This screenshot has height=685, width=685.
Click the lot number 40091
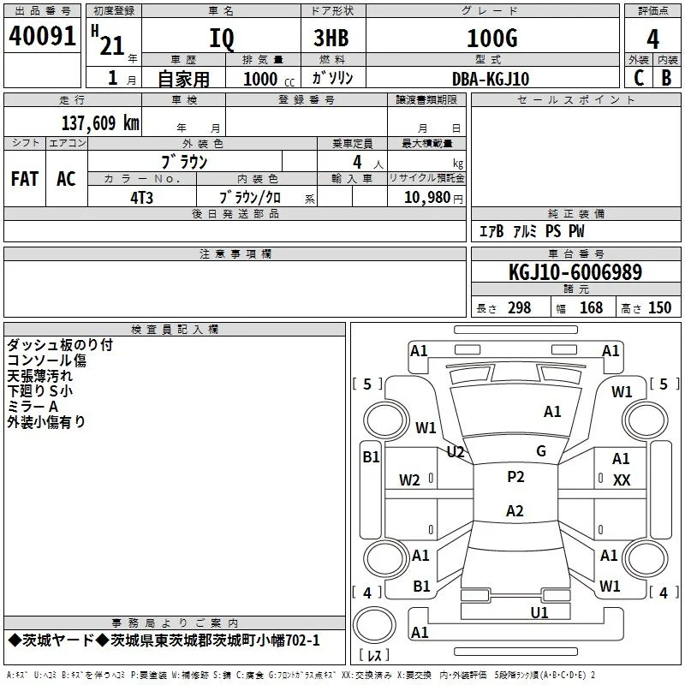[x=42, y=36]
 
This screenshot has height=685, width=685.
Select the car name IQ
[x=222, y=39]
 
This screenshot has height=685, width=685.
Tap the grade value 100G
[x=492, y=38]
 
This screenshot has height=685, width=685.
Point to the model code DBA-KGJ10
[x=491, y=79]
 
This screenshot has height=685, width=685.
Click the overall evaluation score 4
[x=652, y=39]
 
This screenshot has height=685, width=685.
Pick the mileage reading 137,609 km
[x=100, y=123]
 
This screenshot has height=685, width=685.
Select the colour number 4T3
[x=141, y=198]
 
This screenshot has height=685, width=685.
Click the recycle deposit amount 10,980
[x=426, y=198]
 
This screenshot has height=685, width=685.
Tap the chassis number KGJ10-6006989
[x=575, y=272]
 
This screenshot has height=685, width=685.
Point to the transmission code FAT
[x=25, y=179]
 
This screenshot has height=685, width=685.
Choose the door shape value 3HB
[x=331, y=38]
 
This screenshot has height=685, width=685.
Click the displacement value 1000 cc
[x=269, y=79]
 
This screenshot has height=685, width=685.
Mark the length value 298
[x=520, y=308]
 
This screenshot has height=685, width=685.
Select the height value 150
[x=659, y=308]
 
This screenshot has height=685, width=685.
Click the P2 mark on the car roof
[x=515, y=477]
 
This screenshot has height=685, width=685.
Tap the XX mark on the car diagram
[x=622, y=480]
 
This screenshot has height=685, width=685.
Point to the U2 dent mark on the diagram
[x=456, y=452]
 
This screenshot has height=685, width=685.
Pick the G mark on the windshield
[x=541, y=451]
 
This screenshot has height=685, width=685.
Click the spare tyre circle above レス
[x=374, y=624]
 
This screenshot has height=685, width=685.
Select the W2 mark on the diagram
[x=409, y=480]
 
